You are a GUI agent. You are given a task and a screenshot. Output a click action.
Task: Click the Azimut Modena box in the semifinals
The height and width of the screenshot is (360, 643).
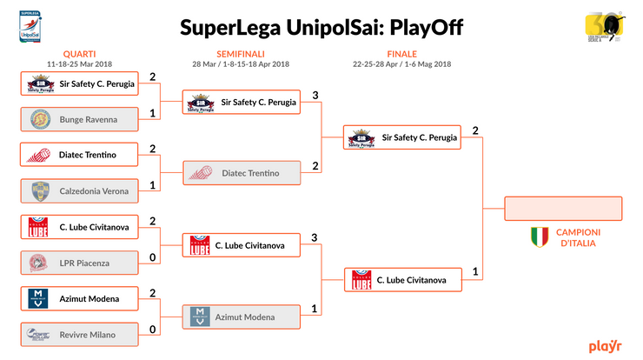(x=241, y=317)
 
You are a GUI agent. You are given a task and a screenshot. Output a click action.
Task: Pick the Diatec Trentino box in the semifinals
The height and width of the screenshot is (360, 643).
(x=241, y=173)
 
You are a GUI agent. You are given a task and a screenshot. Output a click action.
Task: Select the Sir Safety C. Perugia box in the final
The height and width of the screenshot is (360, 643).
(x=402, y=137)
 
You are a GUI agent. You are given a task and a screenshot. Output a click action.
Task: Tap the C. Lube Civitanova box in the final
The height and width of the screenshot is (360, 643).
(x=402, y=280)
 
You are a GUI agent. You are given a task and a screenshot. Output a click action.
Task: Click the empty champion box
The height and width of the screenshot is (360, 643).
(x=563, y=209)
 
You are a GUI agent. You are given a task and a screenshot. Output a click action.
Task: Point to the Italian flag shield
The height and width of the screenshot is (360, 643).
(x=540, y=237)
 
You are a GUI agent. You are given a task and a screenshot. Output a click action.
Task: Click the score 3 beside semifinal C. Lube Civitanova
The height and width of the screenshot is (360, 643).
(x=315, y=237)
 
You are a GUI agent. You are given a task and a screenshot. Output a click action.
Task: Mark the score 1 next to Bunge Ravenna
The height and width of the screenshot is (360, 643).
(x=153, y=114)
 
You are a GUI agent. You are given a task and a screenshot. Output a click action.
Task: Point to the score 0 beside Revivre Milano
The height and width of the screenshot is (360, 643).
(x=153, y=330)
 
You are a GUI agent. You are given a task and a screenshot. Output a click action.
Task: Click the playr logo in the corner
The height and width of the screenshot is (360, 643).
(x=605, y=345)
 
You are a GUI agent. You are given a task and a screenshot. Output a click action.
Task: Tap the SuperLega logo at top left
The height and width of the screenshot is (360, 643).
(x=30, y=23)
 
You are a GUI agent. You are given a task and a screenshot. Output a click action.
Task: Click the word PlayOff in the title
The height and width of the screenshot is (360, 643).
(x=426, y=28)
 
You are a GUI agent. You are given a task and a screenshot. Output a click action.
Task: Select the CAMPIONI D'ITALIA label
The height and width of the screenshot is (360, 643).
(x=579, y=237)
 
